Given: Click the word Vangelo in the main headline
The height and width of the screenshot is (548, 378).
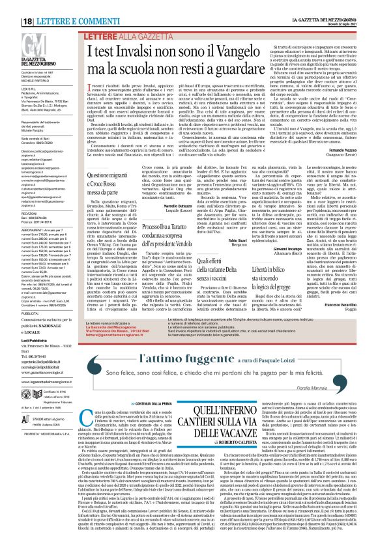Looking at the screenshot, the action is tap(257, 38).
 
